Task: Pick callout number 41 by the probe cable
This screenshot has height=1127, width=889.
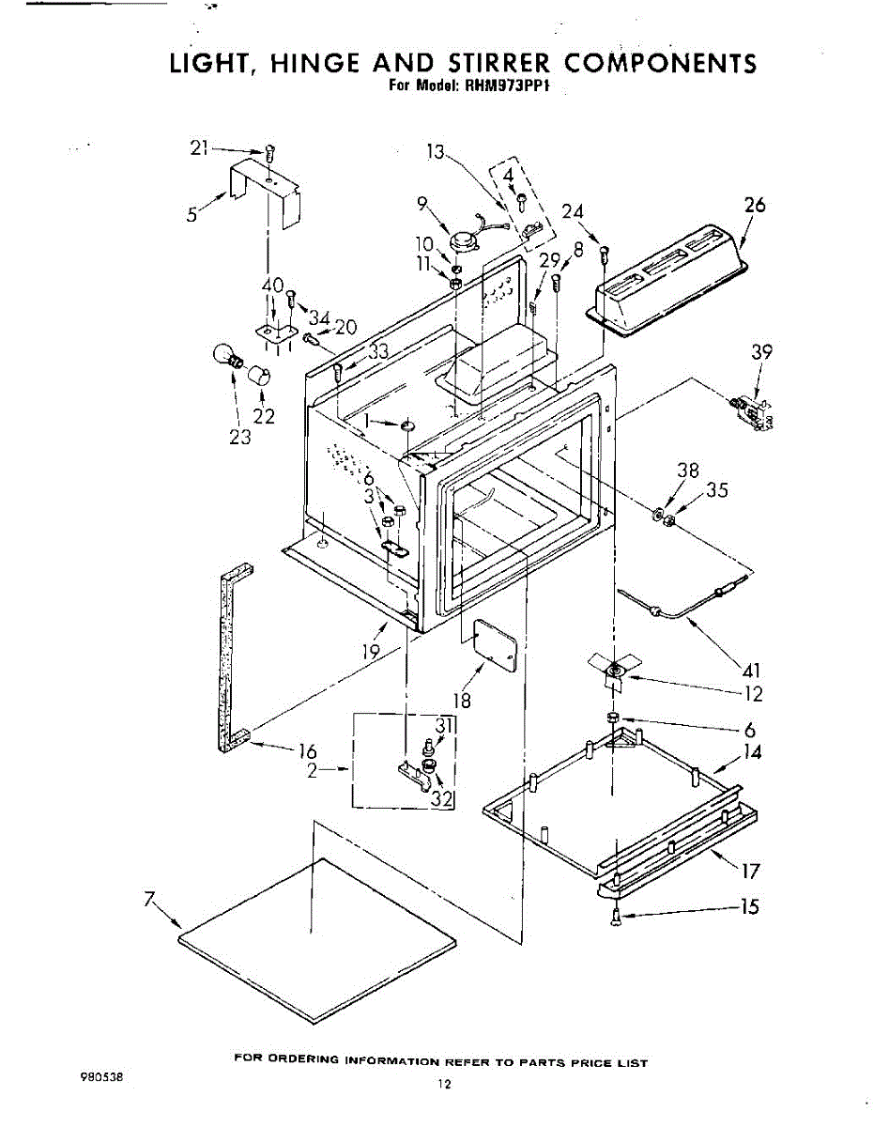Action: (751, 671)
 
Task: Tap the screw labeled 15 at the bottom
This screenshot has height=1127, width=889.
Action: (616, 918)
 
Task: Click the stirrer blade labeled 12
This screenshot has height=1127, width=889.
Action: (614, 668)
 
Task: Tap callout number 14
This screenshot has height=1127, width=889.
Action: (751, 752)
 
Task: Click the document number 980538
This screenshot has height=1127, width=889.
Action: (104, 1078)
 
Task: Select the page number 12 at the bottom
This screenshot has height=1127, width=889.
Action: (444, 1086)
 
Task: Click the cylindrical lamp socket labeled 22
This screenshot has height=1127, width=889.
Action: (260, 378)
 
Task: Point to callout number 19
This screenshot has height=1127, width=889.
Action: (371, 650)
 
